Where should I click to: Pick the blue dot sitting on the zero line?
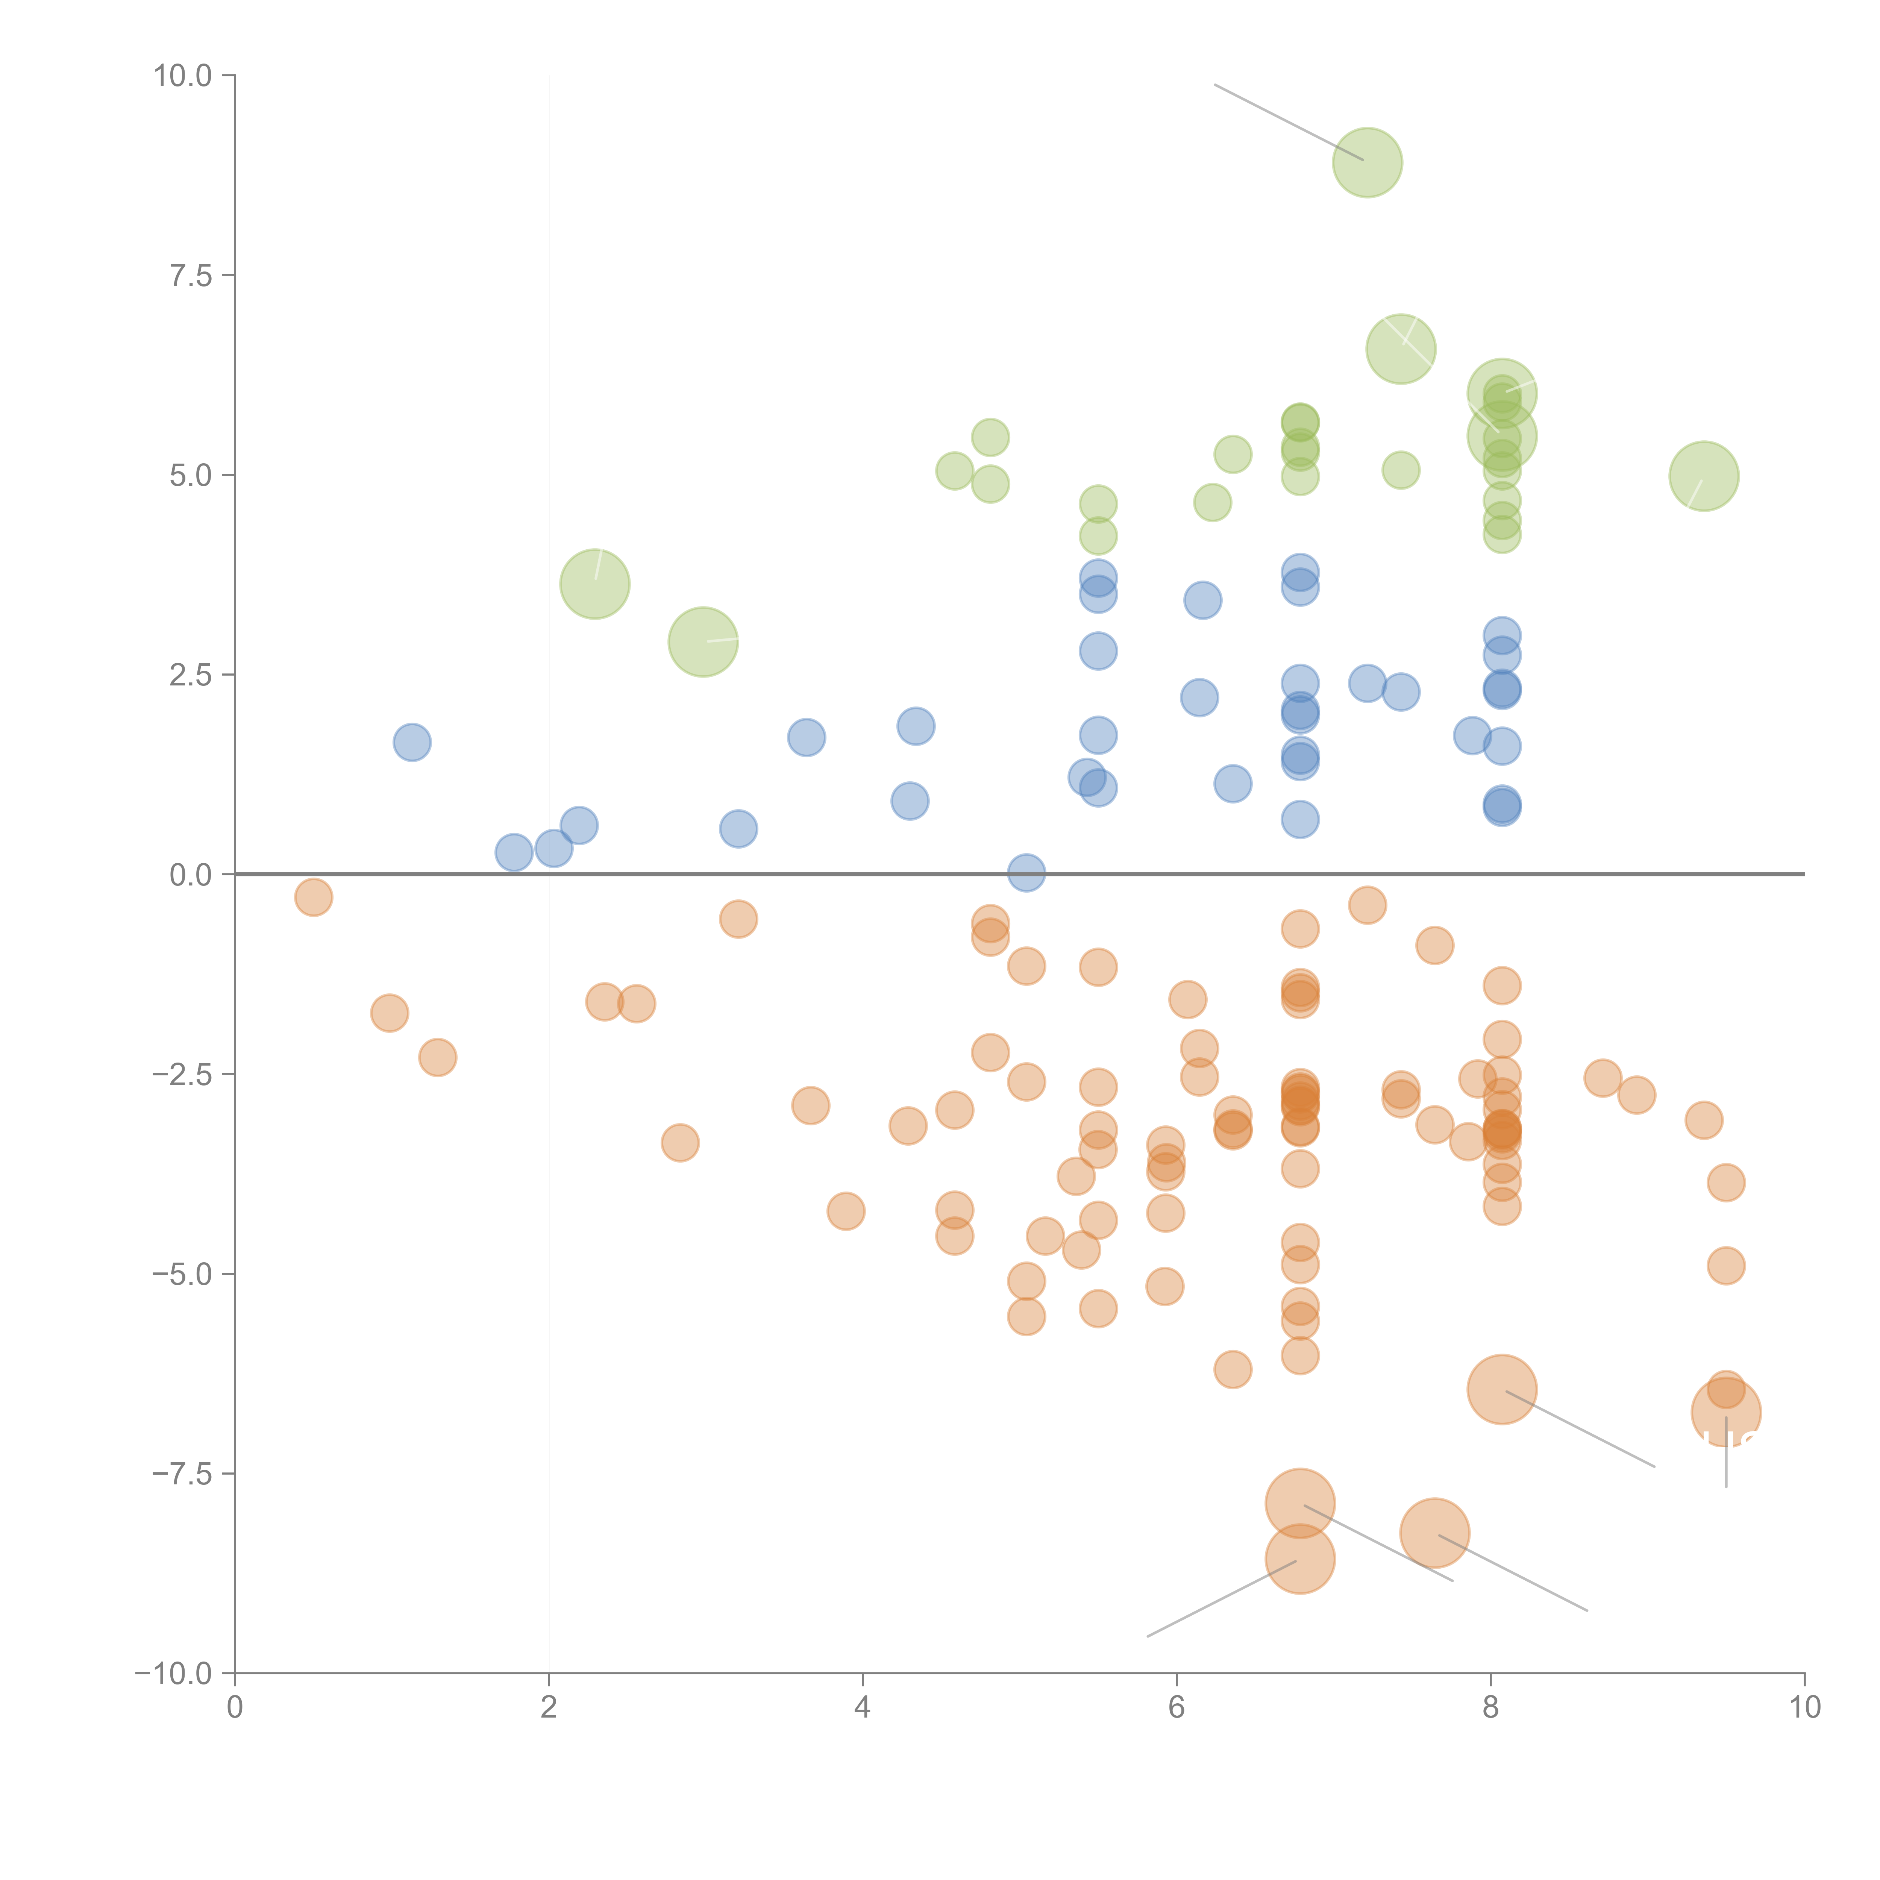[x=1026, y=873]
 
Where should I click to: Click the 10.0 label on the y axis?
[x=183, y=76]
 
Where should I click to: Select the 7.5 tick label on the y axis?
[x=191, y=275]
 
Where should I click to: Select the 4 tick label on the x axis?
[x=862, y=1708]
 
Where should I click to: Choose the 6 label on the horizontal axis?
[x=1177, y=1708]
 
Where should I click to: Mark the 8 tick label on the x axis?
[x=1491, y=1708]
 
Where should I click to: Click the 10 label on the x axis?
[x=1804, y=1708]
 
